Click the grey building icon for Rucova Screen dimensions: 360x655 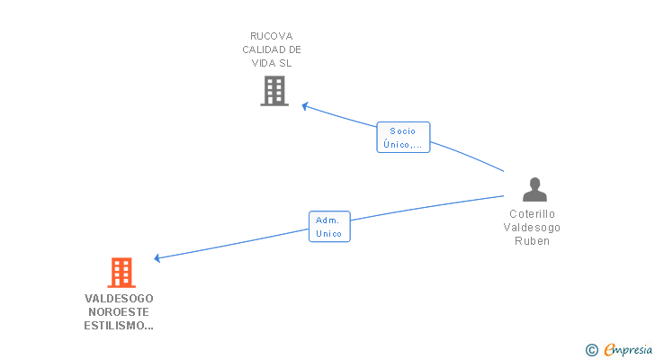point(274,91)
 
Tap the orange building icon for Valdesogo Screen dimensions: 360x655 point(121,272)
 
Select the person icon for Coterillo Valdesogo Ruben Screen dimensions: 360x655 point(534,189)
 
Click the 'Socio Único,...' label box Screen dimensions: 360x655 point(403,137)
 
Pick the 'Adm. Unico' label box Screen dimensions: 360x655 point(329,227)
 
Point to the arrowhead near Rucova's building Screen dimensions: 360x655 point(305,106)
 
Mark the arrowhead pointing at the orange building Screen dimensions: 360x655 point(157,258)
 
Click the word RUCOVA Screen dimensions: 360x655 point(271,36)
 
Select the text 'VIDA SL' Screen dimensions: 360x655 point(271,63)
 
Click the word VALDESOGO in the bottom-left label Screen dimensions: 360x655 point(119,298)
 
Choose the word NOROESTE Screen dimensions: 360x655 point(119,311)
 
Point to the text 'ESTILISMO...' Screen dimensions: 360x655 point(119,325)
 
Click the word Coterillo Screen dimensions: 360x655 point(534,214)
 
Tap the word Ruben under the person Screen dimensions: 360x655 point(534,241)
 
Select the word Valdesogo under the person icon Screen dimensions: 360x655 point(534,228)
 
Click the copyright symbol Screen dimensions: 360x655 point(591,350)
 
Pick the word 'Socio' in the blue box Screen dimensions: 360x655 point(403,130)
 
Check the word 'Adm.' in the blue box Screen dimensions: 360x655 point(329,220)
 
